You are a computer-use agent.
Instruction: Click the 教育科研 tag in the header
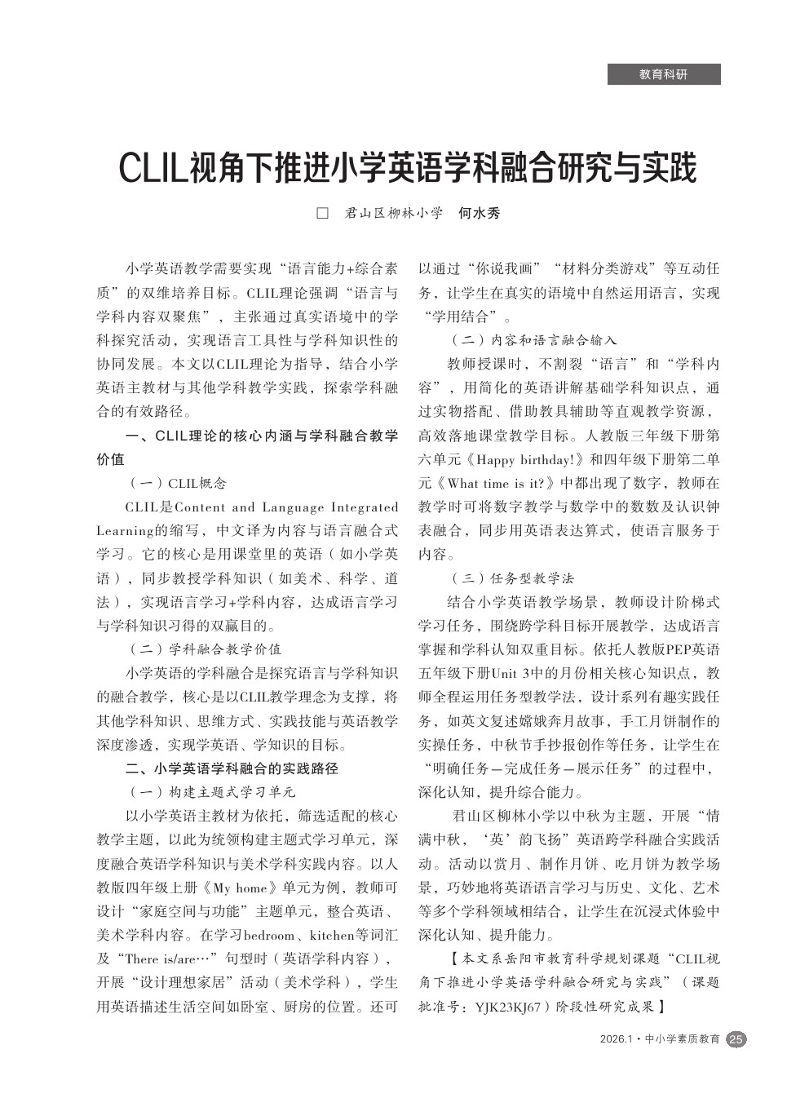pyautogui.click(x=663, y=75)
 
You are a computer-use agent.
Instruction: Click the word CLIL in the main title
pyautogui.click(x=153, y=168)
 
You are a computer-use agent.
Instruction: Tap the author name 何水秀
pyautogui.click(x=479, y=214)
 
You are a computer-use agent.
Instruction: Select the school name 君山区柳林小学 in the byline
pyautogui.click(x=393, y=214)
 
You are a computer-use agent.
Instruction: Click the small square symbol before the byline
pyautogui.click(x=321, y=214)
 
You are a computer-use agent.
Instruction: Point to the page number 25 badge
pyautogui.click(x=736, y=1039)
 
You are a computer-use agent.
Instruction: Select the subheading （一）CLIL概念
pyautogui.click(x=177, y=484)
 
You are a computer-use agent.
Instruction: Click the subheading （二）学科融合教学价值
pyautogui.click(x=205, y=649)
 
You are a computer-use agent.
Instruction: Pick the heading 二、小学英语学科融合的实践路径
pyautogui.click(x=232, y=768)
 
